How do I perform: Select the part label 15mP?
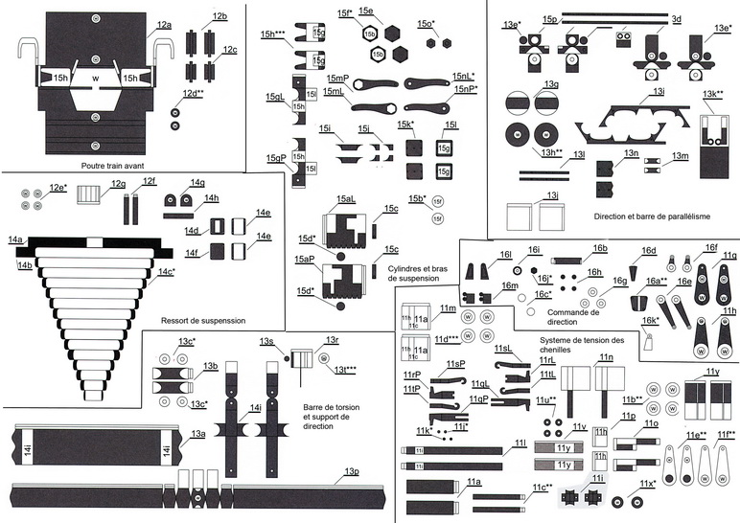pyautogui.click(x=337, y=78)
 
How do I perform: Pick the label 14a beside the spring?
pyautogui.click(x=14, y=238)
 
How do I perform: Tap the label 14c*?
pyautogui.click(x=167, y=272)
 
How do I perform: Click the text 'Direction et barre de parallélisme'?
pyautogui.click(x=652, y=216)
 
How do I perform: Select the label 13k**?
pyautogui.click(x=712, y=94)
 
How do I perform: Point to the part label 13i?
pyautogui.click(x=659, y=91)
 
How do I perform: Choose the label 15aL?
pyautogui.click(x=345, y=198)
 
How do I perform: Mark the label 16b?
pyautogui.click(x=600, y=248)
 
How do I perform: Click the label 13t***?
pyautogui.click(x=345, y=369)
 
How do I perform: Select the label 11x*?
pyautogui.click(x=648, y=484)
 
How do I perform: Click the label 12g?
pyautogui.click(x=117, y=183)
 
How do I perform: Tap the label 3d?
pyautogui.click(x=676, y=18)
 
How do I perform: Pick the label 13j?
pyautogui.click(x=552, y=195)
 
